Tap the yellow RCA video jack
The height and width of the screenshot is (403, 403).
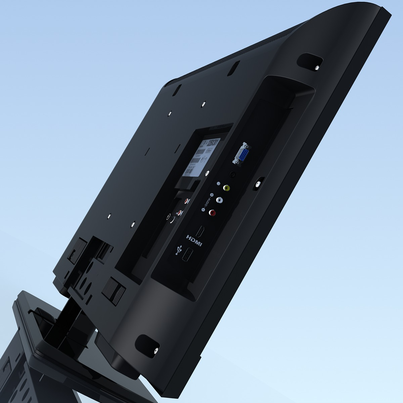227,188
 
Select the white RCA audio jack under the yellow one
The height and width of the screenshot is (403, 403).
220,200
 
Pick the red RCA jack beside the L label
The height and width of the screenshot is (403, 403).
212,212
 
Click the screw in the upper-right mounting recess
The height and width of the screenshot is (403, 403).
317,68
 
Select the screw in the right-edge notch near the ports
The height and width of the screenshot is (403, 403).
258,184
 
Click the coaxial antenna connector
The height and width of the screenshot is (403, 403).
171,217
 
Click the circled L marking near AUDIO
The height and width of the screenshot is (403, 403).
203,210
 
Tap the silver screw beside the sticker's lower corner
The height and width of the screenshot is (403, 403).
207,173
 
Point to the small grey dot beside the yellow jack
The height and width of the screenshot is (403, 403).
219,184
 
